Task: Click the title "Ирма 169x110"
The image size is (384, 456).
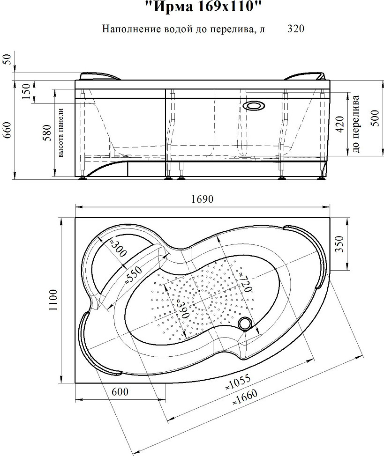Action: (x=201, y=7)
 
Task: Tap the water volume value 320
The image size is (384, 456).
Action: (x=296, y=29)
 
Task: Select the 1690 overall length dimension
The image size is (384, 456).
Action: (x=203, y=199)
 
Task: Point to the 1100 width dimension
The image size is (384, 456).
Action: (x=53, y=300)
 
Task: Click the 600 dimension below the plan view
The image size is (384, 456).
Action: (x=120, y=391)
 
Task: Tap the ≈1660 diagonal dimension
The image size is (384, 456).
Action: (x=244, y=398)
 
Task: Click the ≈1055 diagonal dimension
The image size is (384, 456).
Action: (x=237, y=382)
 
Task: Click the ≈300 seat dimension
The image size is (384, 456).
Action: (x=118, y=248)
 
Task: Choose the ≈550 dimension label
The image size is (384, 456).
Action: (x=133, y=275)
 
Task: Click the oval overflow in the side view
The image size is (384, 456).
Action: (x=254, y=105)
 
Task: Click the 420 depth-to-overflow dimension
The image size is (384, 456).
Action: (x=340, y=124)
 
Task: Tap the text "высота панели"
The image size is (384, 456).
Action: (x=61, y=133)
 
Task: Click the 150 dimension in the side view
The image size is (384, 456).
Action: (x=26, y=91)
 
